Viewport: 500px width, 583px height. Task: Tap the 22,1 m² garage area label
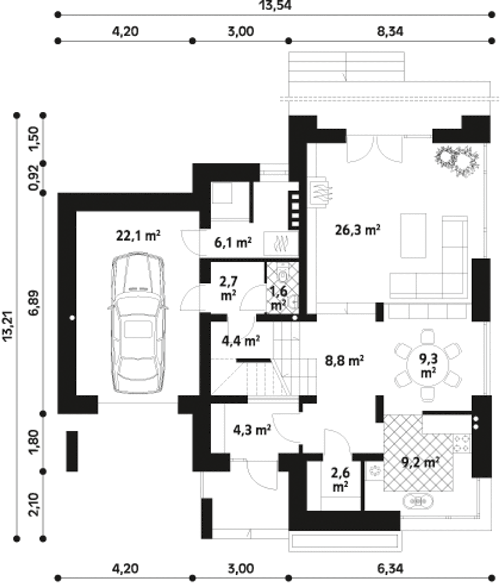(x=138, y=236)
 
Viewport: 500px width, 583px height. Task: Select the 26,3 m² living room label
(x=357, y=230)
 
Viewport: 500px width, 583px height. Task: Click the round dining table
(x=427, y=365)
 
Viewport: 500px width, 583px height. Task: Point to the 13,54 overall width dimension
(x=275, y=5)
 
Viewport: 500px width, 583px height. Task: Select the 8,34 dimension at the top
(x=390, y=32)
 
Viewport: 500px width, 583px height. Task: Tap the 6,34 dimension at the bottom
(x=390, y=569)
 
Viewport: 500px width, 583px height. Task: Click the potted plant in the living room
(x=457, y=161)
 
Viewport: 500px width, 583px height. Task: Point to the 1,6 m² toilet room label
(x=279, y=298)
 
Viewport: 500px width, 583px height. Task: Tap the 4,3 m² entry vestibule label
(x=252, y=430)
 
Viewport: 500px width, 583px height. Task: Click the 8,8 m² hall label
(x=344, y=360)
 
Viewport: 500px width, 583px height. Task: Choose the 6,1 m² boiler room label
(x=233, y=242)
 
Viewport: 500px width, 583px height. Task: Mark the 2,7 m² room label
(x=229, y=288)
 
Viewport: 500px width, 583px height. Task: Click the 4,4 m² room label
(x=240, y=341)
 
